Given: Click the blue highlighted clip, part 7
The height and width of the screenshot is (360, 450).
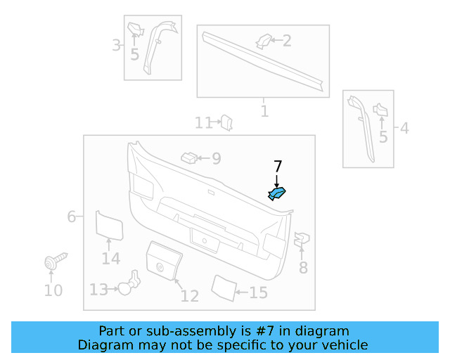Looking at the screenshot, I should [x=278, y=193].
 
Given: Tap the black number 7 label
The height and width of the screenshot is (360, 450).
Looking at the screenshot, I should [x=278, y=167].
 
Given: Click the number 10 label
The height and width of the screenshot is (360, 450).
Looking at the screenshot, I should [x=53, y=290].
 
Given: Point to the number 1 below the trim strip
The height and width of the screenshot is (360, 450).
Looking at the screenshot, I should [x=264, y=111].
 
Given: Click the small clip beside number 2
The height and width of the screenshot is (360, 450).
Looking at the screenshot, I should [x=264, y=40].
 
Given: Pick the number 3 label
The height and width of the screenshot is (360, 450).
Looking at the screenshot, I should [x=116, y=46].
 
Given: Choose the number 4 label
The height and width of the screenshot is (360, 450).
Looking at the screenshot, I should [x=404, y=129].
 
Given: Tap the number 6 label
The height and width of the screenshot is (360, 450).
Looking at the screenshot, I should [x=71, y=217].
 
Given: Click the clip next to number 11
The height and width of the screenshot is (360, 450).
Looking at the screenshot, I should [x=226, y=123].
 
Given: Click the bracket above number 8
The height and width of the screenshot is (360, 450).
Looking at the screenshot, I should [x=302, y=240].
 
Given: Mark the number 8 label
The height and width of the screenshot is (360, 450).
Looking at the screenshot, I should [x=303, y=268].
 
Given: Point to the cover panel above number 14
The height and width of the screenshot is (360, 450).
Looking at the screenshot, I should [x=109, y=226].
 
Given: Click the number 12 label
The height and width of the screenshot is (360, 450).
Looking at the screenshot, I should [x=190, y=296].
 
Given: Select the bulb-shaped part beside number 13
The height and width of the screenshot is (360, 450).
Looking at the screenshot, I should [x=127, y=285].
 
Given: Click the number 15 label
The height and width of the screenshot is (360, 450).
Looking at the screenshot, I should [x=259, y=292].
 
